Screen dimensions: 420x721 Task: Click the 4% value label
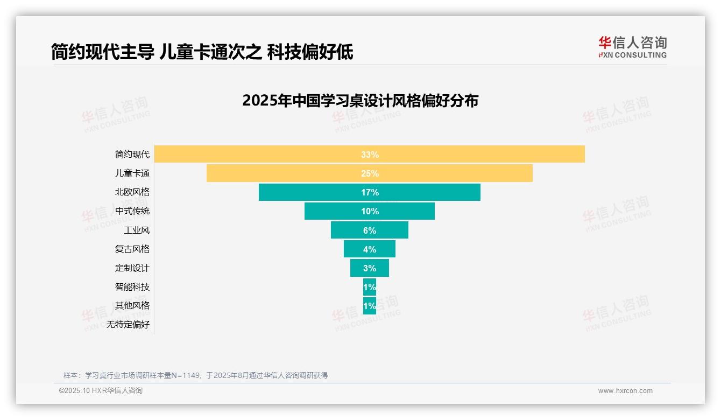370,249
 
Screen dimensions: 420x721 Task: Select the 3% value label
370,268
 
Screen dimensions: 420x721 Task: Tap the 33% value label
370,155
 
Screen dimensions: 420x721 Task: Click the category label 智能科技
132,287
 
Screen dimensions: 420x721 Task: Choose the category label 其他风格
132,306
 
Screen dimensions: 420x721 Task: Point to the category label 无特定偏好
128,325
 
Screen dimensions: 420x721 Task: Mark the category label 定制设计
132,268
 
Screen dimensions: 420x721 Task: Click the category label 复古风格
132,249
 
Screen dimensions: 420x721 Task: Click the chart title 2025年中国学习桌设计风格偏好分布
360,101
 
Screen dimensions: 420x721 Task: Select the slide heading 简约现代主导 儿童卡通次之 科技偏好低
202,52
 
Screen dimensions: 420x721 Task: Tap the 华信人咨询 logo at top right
632,47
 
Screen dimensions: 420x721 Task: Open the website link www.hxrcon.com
625,391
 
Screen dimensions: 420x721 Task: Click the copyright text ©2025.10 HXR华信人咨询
101,391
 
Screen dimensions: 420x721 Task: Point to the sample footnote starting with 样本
195,375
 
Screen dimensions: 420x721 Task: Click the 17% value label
370,192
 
